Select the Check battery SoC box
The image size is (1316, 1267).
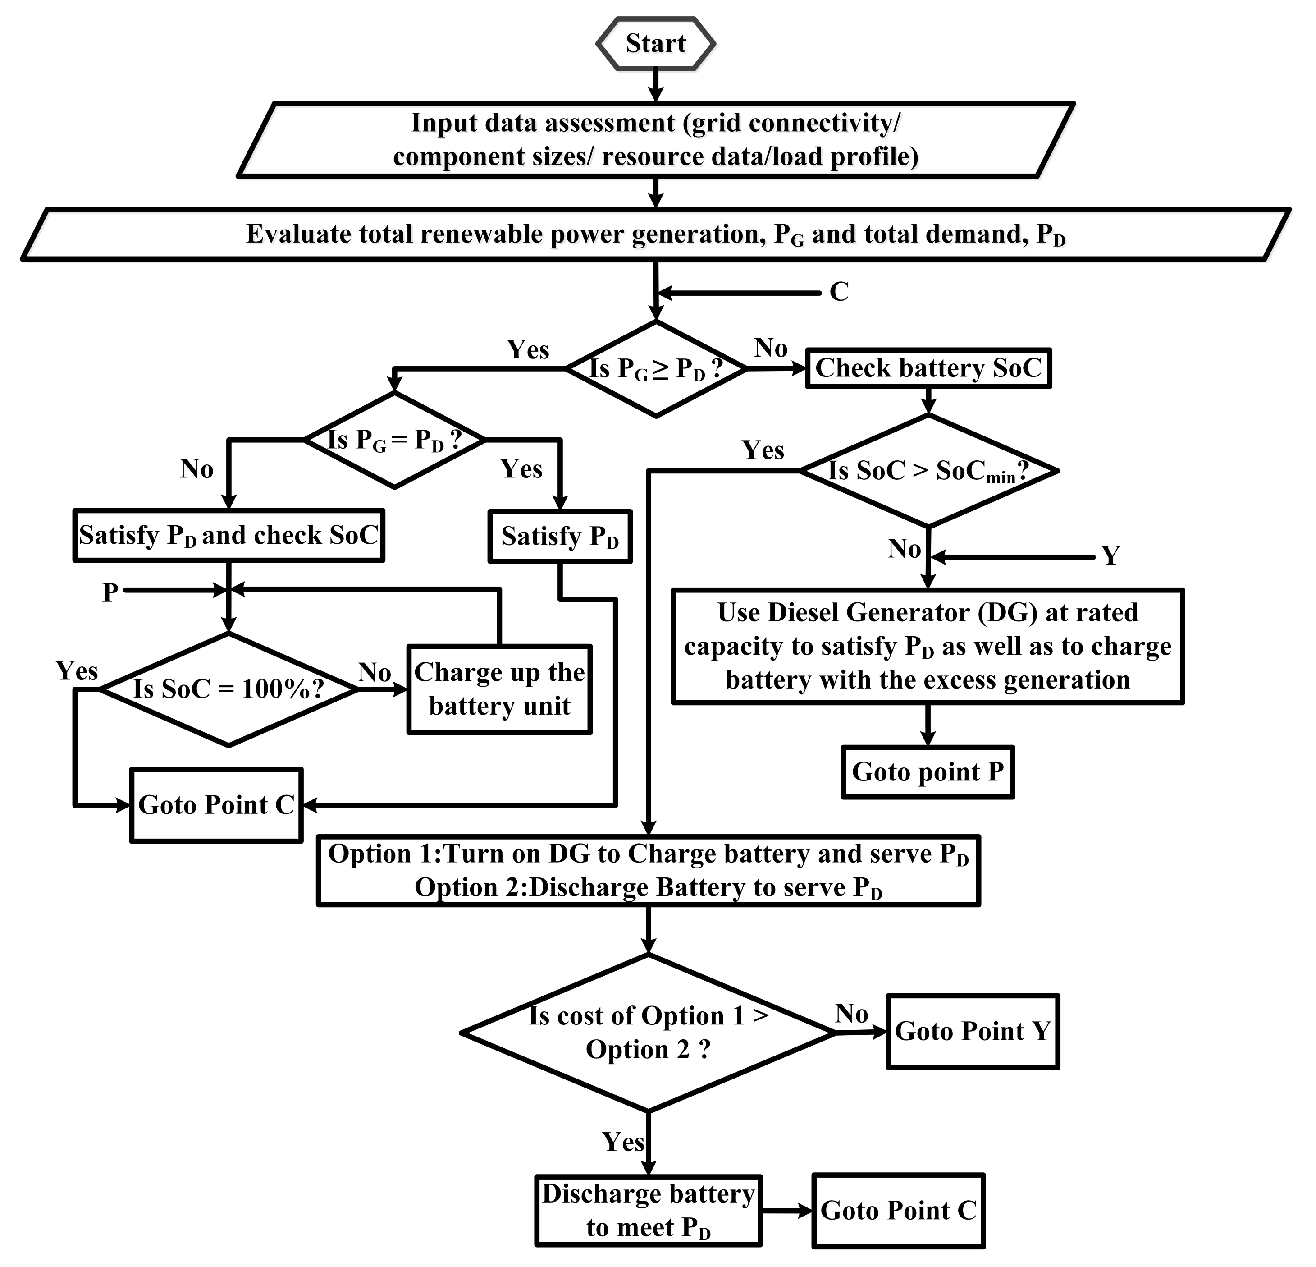point(928,368)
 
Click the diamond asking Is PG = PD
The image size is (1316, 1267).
point(394,440)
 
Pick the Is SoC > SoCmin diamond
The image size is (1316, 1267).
point(928,471)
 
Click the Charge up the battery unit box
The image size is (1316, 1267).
point(499,689)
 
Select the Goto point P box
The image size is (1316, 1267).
point(927,772)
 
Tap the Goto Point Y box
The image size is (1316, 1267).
point(972,1031)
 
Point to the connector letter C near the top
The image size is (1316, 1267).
point(839,292)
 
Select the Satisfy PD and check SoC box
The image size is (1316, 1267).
point(228,535)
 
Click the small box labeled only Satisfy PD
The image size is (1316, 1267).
point(559,537)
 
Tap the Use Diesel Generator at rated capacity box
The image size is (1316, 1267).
point(927,646)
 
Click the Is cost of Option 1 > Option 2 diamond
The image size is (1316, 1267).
point(648,1033)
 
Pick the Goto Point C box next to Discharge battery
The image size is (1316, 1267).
point(898,1211)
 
